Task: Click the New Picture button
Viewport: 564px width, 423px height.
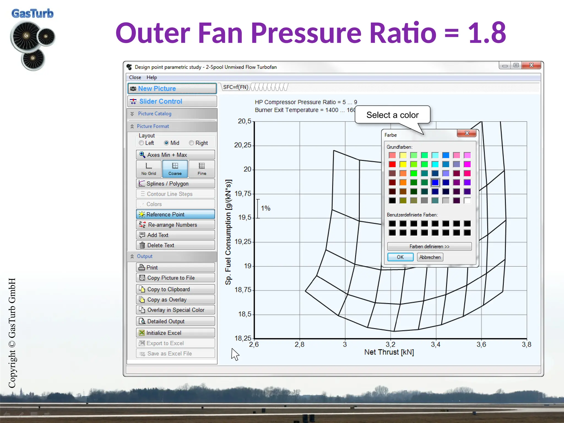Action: click(172, 89)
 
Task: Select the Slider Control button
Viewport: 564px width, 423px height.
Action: click(172, 101)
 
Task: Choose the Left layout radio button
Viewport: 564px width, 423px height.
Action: click(142, 143)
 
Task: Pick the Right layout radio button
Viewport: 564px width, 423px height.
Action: click(191, 143)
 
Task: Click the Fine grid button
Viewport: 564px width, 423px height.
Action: click(202, 169)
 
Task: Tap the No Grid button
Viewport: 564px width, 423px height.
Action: click(149, 169)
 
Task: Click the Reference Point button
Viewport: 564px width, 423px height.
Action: click(175, 214)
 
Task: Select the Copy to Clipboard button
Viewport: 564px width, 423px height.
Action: click(175, 289)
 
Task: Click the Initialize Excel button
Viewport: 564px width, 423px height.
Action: click(175, 333)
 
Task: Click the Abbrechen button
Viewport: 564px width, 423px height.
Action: click(430, 257)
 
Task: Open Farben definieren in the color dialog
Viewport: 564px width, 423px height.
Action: click(429, 246)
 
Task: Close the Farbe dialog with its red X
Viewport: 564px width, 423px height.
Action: click(467, 133)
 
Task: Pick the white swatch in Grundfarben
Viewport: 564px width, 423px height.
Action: click(467, 200)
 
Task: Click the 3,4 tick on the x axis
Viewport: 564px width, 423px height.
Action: click(436, 345)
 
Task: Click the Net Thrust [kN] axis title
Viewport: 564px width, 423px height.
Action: click(389, 352)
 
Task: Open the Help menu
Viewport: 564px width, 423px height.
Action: click(151, 77)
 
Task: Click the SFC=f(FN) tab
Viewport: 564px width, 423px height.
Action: click(235, 87)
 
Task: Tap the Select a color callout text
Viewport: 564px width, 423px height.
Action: click(392, 115)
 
